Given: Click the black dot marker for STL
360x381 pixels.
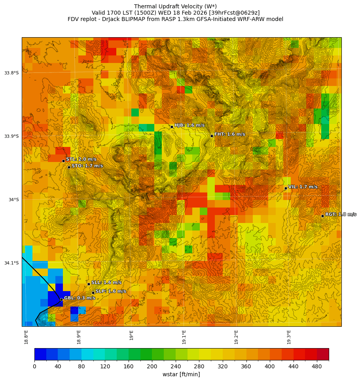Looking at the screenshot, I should [x=63, y=161].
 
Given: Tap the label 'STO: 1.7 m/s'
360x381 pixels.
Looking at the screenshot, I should [x=87, y=166].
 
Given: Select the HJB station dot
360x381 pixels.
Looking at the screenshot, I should [x=172, y=127].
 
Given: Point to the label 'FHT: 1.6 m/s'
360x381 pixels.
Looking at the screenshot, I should [x=229, y=134].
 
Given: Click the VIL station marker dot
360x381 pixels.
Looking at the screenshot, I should [x=286, y=188].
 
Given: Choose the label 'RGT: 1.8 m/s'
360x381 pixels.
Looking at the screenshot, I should [x=341, y=214].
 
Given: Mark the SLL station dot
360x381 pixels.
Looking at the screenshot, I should [x=89, y=284].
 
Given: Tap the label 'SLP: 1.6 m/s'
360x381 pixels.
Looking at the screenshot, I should [x=111, y=291].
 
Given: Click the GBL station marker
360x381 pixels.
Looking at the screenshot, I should [x=61, y=299].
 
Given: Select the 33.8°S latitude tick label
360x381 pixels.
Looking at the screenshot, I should [x=11, y=73].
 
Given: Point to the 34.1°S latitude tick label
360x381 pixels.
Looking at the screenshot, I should [x=11, y=263].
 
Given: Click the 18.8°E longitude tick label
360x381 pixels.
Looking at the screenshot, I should [x=27, y=337].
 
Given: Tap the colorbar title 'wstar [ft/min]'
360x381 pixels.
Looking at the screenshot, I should [x=181, y=374].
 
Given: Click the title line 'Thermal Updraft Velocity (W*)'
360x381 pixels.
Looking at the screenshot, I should [x=175, y=6].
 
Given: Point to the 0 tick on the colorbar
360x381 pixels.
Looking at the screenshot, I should [x=34, y=367].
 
